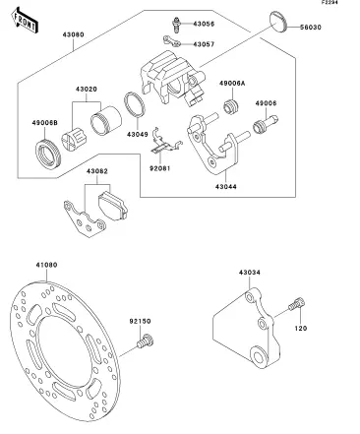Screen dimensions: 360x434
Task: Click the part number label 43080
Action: [74, 34]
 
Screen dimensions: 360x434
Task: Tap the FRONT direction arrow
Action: [25, 21]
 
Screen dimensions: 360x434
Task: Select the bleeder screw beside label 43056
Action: [176, 25]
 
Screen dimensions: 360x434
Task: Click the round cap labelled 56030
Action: [278, 23]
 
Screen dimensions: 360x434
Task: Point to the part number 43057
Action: [204, 44]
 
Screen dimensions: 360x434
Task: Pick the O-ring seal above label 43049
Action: [135, 104]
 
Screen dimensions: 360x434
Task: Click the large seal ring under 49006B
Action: [47, 154]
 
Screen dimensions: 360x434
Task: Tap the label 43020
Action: [87, 90]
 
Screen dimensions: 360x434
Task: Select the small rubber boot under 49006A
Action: [231, 106]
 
